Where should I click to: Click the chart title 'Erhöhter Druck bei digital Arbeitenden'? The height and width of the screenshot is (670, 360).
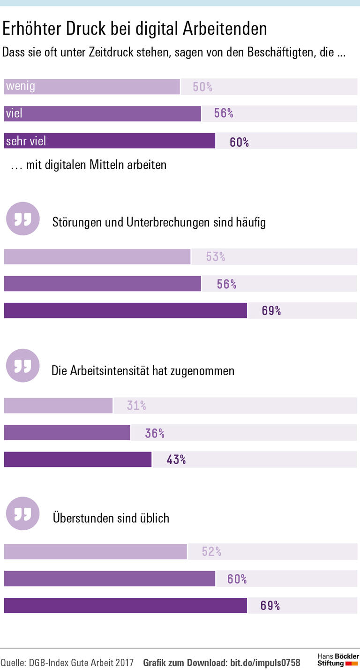(x=135, y=29)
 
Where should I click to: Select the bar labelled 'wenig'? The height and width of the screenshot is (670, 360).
(x=91, y=87)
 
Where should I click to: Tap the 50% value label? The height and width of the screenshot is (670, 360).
(x=202, y=87)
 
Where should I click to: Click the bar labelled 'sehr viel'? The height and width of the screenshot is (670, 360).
(x=109, y=141)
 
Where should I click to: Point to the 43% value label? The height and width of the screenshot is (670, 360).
(x=176, y=459)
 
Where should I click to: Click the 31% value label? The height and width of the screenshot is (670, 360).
(x=136, y=406)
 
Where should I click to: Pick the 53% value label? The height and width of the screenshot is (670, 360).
(x=216, y=257)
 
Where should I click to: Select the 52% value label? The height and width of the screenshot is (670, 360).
(x=211, y=552)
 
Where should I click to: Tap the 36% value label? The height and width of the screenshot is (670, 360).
(x=155, y=433)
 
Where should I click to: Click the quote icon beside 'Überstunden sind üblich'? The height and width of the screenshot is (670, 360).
(x=22, y=513)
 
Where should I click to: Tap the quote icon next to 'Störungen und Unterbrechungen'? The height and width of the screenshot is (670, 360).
(x=22, y=218)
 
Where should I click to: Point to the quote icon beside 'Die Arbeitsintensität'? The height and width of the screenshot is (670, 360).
(x=22, y=366)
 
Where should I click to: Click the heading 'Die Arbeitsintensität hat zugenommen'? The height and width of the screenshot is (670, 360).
(x=143, y=371)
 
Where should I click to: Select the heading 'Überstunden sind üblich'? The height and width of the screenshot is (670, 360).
(x=111, y=518)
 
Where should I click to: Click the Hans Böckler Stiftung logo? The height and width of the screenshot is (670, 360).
(x=338, y=660)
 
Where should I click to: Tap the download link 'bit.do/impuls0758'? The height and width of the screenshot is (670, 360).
(x=265, y=663)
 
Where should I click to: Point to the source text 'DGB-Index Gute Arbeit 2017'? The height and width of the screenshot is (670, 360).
(x=81, y=663)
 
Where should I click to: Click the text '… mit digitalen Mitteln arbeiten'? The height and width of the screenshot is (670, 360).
(x=89, y=165)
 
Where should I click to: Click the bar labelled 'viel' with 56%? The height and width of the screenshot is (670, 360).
(x=102, y=114)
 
